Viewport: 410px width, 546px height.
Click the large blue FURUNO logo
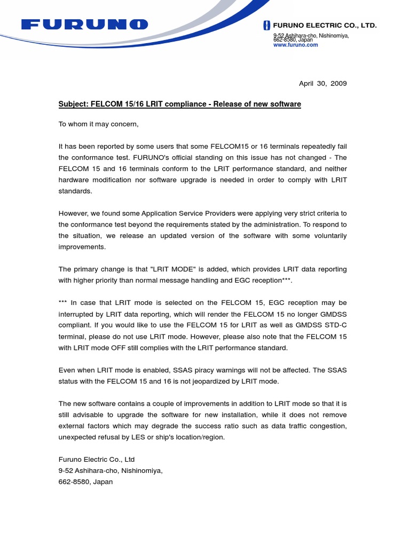click(85, 25)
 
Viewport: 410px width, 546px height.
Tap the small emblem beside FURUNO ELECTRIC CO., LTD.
click(267, 26)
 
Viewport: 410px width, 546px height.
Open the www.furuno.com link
click(295, 45)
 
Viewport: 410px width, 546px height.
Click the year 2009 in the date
click(338, 84)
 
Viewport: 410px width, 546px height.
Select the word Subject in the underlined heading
click(73, 104)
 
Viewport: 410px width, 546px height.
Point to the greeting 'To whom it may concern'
click(98, 124)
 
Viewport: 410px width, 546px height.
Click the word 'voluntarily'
click(327, 236)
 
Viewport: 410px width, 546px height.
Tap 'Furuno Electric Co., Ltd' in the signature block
click(97, 459)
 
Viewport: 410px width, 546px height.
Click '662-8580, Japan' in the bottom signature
click(85, 481)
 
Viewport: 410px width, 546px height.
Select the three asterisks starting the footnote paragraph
click(64, 303)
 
